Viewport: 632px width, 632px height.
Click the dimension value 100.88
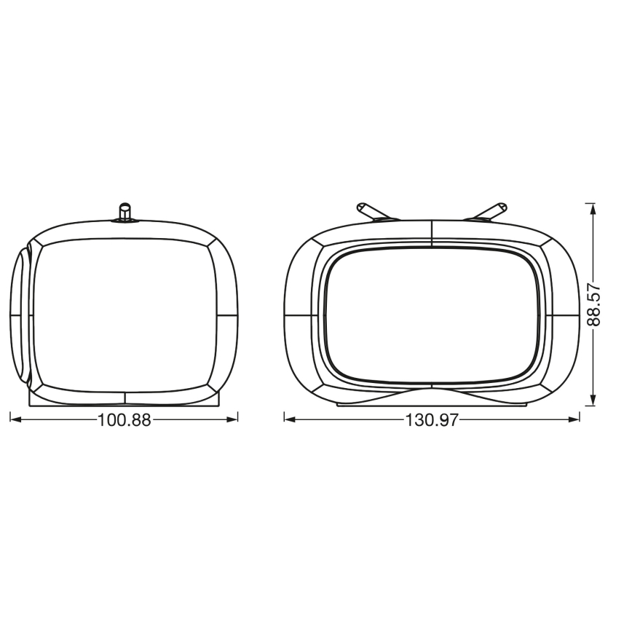click(x=124, y=420)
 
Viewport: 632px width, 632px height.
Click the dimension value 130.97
click(x=432, y=420)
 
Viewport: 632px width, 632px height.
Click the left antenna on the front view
click(x=371, y=211)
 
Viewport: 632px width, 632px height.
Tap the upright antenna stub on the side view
click(x=125, y=211)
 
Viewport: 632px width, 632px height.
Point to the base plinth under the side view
click(x=125, y=400)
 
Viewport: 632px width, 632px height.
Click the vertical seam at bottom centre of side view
click(x=125, y=398)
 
